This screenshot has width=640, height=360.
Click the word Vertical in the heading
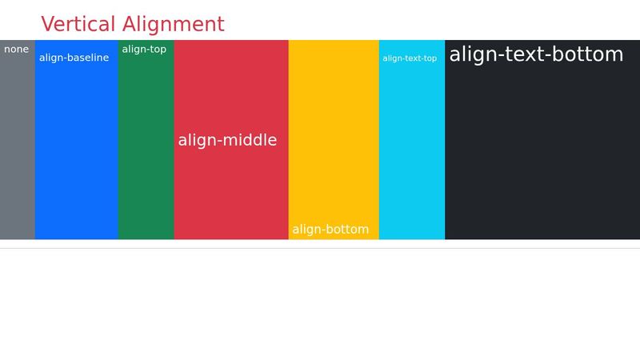click(x=79, y=24)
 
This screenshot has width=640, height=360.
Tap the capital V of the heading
click(x=48, y=24)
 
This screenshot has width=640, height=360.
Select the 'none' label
click(x=16, y=50)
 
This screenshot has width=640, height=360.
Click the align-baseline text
click(x=74, y=58)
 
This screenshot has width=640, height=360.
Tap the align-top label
click(x=144, y=50)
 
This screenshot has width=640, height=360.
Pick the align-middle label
click(x=227, y=141)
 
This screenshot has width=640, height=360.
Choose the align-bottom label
click(x=330, y=230)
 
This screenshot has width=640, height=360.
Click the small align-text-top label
click(x=410, y=58)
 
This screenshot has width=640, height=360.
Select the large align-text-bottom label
click(x=536, y=54)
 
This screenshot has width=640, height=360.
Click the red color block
click(x=230, y=192)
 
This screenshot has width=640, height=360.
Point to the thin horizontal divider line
click(x=320, y=248)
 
